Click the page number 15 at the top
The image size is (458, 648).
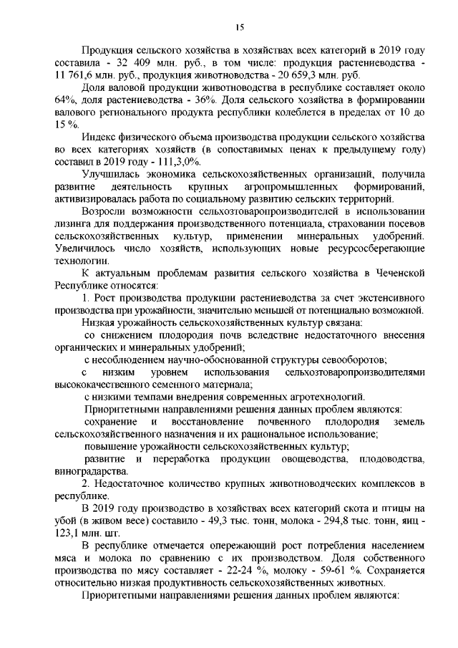click(x=240, y=27)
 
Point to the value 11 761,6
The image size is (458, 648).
click(x=74, y=75)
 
